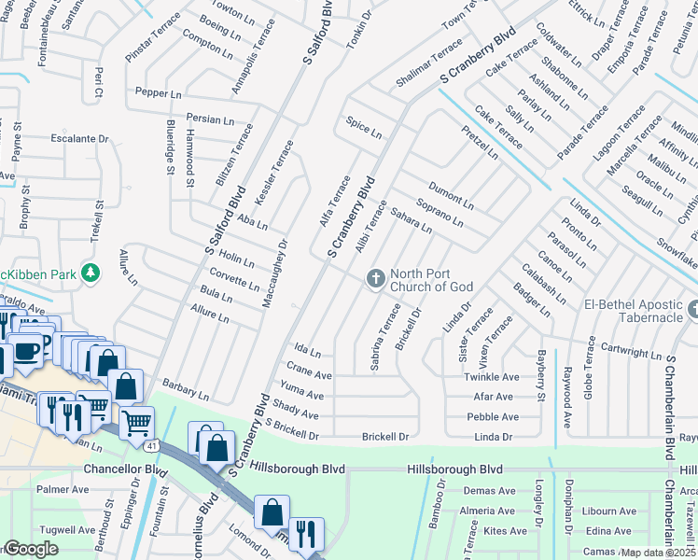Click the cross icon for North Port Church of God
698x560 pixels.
(375, 278)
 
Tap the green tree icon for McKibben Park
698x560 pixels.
(91, 273)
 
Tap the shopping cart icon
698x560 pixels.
(136, 423)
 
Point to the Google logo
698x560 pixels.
(30, 549)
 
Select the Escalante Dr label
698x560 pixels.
(79, 138)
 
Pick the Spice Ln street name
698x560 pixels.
(364, 128)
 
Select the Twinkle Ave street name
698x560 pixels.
(491, 377)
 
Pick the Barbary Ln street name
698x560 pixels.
(185, 386)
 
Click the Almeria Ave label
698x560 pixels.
(487, 511)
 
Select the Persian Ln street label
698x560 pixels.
(210, 119)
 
